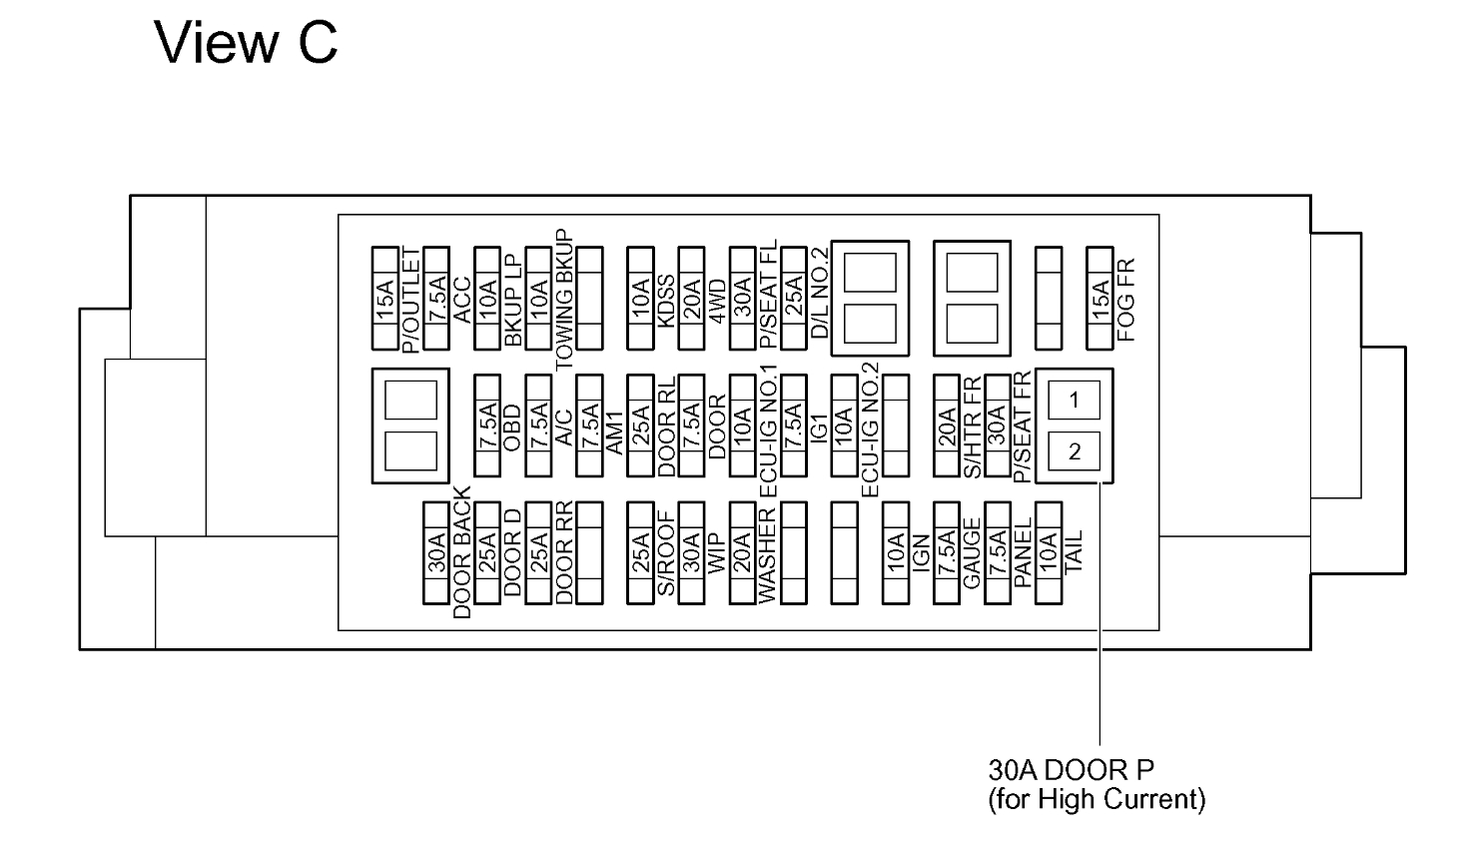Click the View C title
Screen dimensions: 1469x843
pos(246,42)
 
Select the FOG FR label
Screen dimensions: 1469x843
pos(1125,300)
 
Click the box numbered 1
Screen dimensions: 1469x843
pos(1074,401)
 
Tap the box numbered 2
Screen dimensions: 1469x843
pos(1074,451)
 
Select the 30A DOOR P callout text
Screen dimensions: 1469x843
pos(1070,770)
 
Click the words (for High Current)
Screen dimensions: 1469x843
pos(1096,799)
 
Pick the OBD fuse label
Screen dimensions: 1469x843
pos(512,427)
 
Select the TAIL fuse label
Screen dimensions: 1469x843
pos(1074,551)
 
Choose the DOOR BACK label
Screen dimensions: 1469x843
pos(461,552)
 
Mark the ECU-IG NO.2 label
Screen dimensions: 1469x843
pos(870,429)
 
